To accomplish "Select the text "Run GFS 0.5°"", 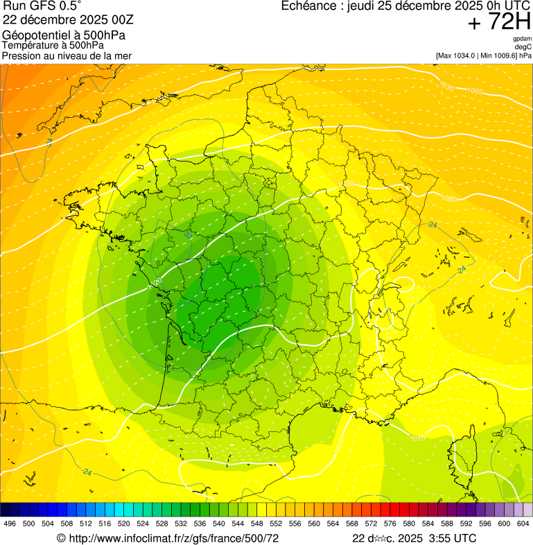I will click(42, 8).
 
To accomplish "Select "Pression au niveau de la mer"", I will click(67, 55).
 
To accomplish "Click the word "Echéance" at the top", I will click(310, 6).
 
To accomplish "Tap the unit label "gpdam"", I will click(522, 39).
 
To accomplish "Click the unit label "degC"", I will click(523, 47).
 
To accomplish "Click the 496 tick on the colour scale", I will click(10, 524).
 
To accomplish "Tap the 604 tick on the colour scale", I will click(523, 524).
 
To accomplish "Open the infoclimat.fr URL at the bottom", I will click(173, 538).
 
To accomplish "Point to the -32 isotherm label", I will click(189, 235).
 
